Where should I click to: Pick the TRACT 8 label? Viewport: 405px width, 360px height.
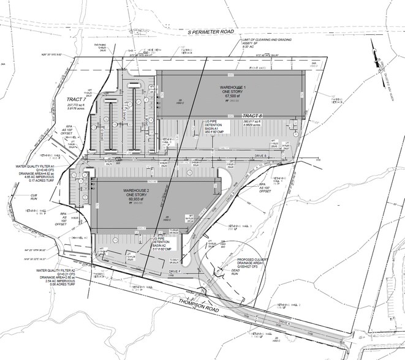click(x=251, y=116)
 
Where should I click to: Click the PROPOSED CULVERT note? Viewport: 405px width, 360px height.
click(x=252, y=260)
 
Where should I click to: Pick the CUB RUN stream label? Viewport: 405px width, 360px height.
click(x=25, y=197)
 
